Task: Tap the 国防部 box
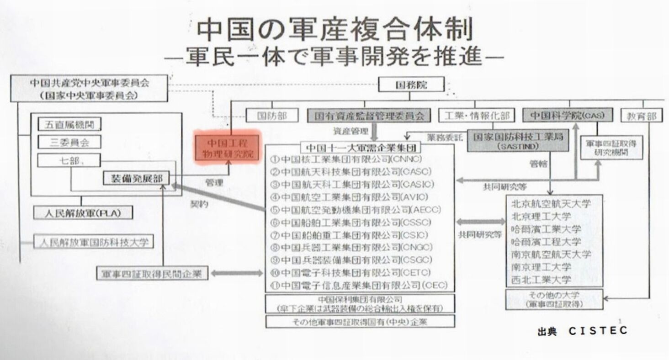coord(272,116)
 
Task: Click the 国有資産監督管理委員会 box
coord(369,116)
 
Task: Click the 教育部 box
coord(642,116)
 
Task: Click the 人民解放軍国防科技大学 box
coord(93,241)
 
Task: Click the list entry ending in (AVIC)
coord(349,197)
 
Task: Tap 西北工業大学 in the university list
coord(542,280)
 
